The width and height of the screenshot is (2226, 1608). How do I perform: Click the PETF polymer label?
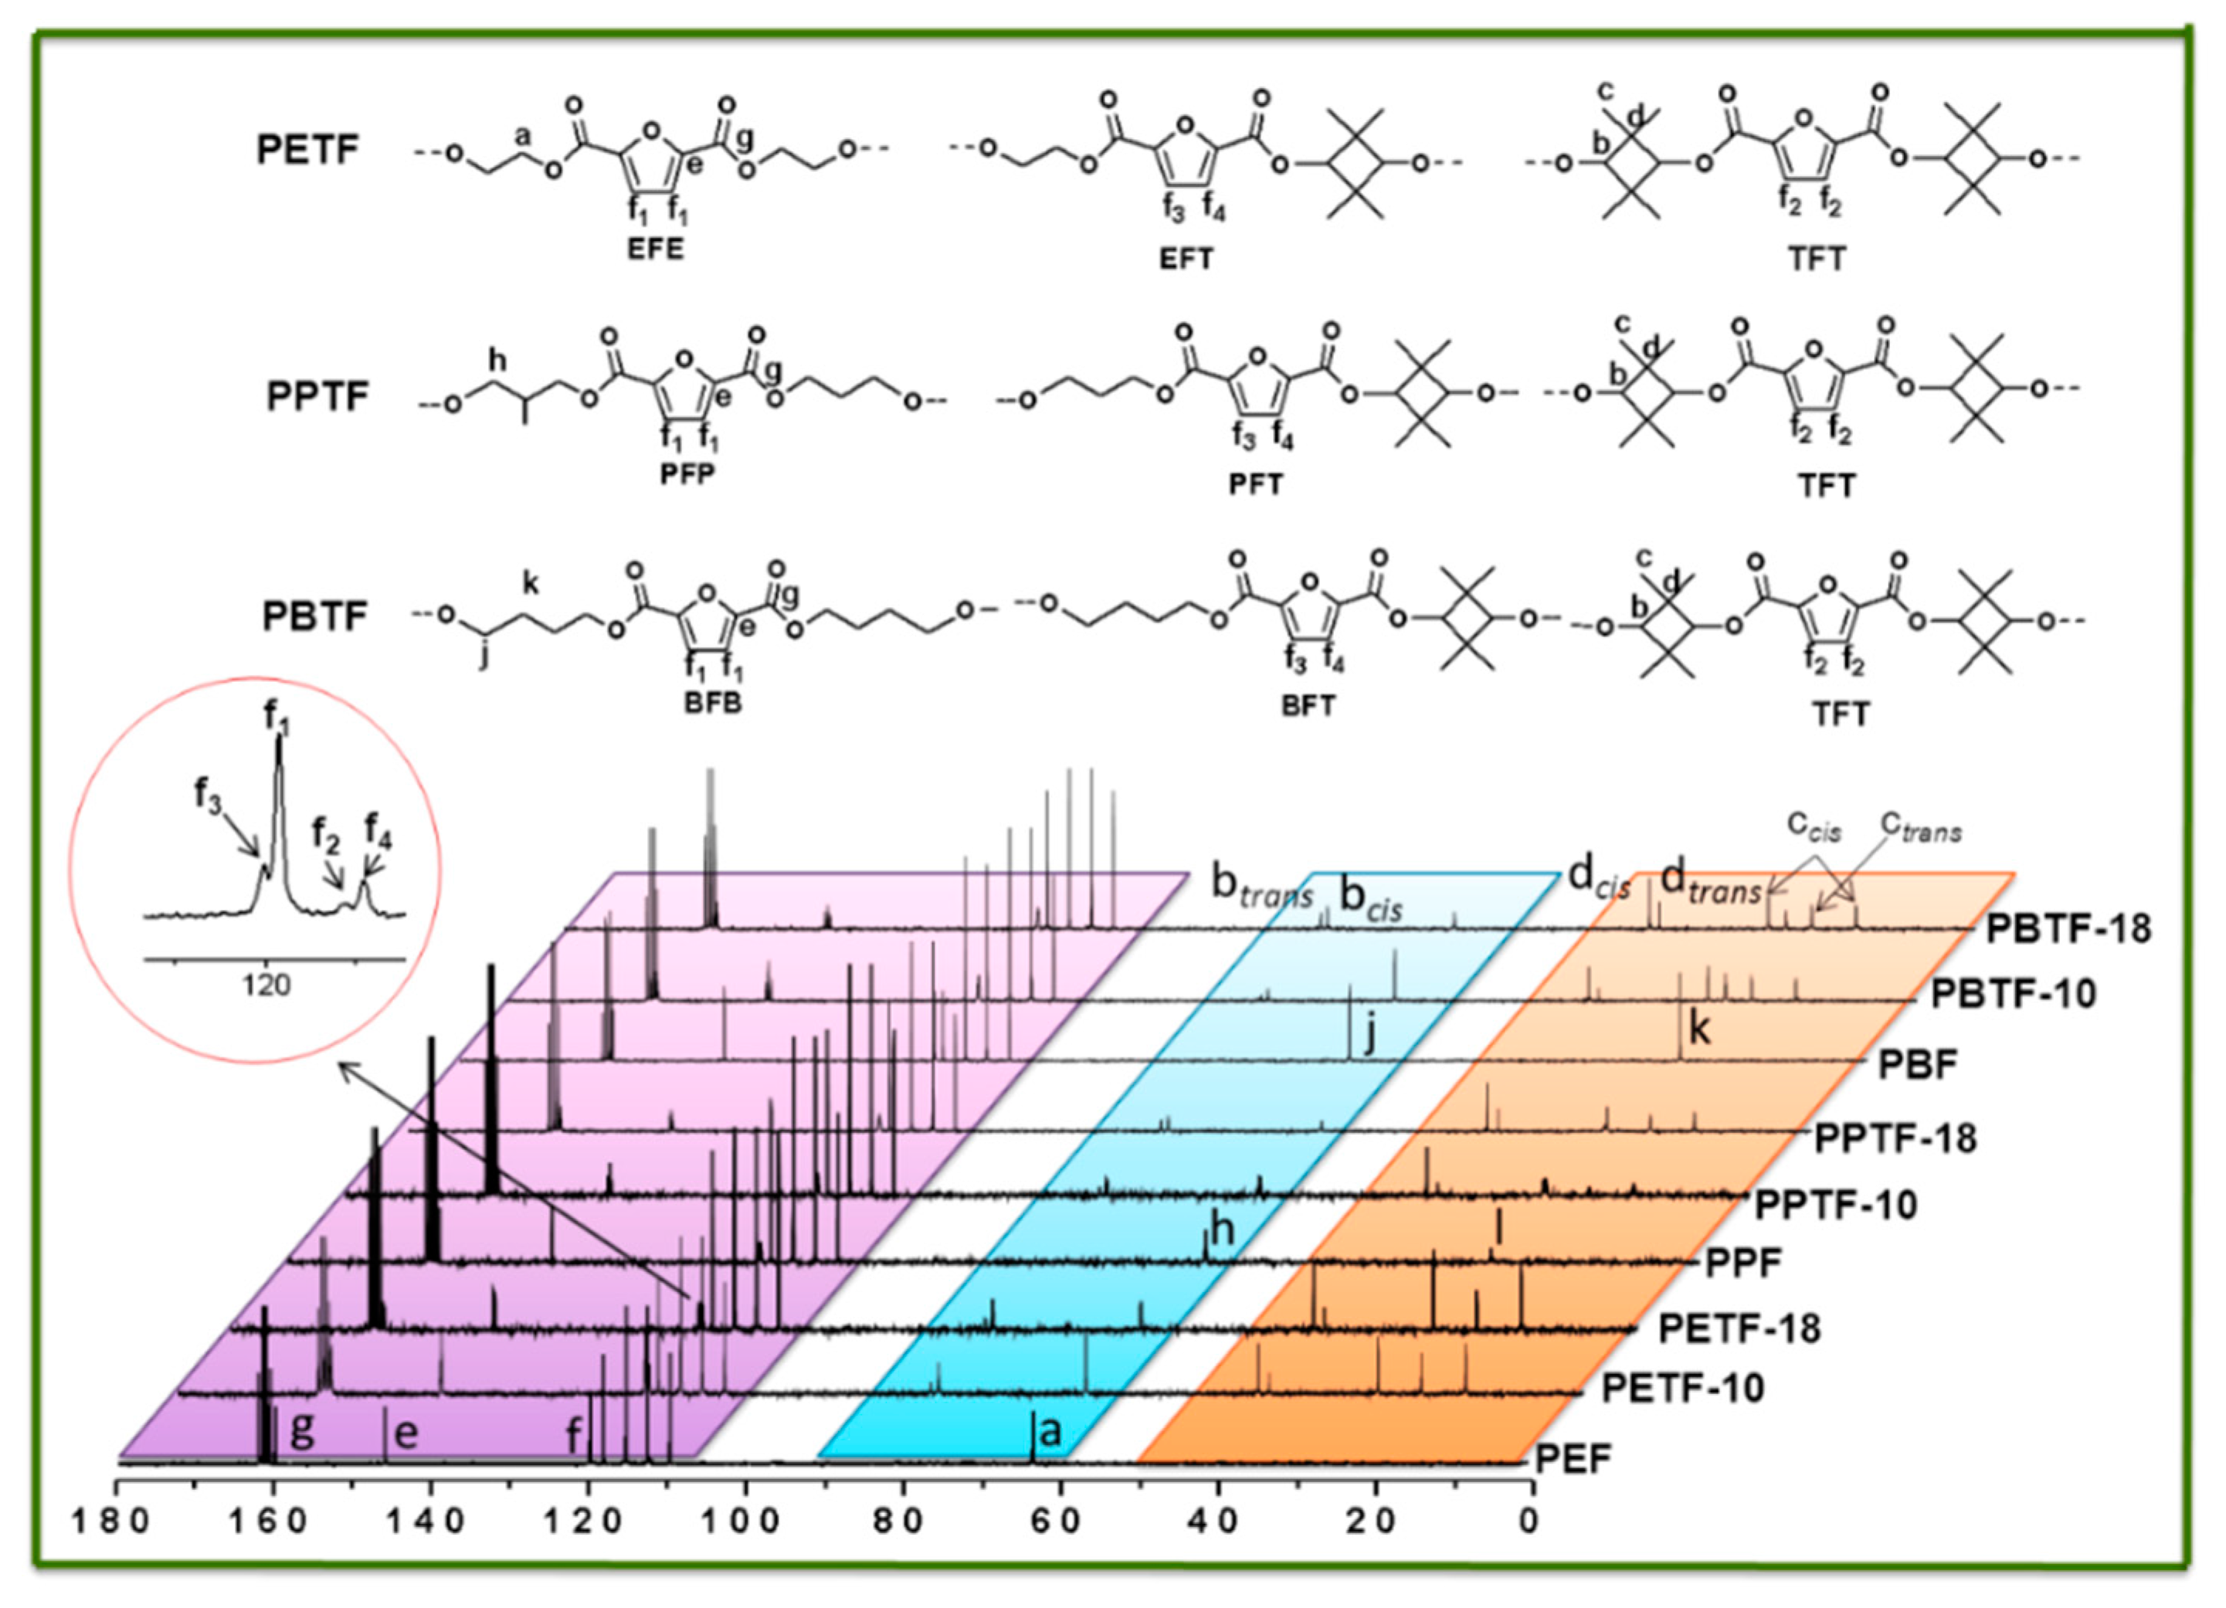(x=307, y=150)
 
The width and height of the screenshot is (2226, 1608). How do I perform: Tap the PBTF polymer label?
(x=314, y=616)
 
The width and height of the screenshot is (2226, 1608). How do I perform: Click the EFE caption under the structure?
(x=656, y=249)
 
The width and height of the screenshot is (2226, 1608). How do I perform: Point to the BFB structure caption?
(x=713, y=704)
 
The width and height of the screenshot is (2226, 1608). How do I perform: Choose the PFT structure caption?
(x=1255, y=484)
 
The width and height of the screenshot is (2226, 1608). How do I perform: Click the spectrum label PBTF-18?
(x=2068, y=928)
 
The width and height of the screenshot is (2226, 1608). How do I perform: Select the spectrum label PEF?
(x=1573, y=1460)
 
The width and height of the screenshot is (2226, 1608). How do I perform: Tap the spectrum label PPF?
(x=1743, y=1263)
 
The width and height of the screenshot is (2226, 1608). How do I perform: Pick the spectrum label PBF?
(x=1918, y=1064)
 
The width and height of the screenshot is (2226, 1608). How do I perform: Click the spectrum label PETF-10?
(x=1682, y=1388)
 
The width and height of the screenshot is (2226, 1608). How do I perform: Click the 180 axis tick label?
(x=111, y=1522)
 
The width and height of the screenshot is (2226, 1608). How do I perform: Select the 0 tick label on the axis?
(x=1529, y=1522)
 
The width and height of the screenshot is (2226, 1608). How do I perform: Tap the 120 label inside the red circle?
(x=266, y=984)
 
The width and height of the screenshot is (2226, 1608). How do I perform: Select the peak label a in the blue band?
(x=1049, y=1432)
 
